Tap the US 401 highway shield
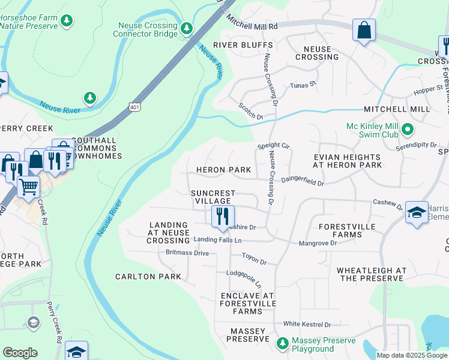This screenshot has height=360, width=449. pyautogui.click(x=133, y=106)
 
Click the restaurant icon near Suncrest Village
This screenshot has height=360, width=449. pyautogui.click(x=223, y=217)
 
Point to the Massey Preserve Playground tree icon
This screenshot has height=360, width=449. pyautogui.click(x=282, y=344)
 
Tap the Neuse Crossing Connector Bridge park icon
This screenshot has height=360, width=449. pyautogui.click(x=187, y=28)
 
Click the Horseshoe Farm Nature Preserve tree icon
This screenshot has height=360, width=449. pyautogui.click(x=67, y=22)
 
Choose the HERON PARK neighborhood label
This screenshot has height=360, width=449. pyautogui.click(x=223, y=170)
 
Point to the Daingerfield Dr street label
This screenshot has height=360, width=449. pyautogui.click(x=303, y=179)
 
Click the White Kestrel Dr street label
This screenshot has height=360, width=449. pyautogui.click(x=307, y=324)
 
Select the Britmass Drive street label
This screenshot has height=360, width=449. pyautogui.click(x=187, y=253)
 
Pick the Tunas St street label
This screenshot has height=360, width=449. pyautogui.click(x=303, y=85)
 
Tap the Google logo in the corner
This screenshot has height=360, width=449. pyautogui.click(x=20, y=353)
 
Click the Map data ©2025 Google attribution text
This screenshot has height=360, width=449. pyautogui.click(x=411, y=355)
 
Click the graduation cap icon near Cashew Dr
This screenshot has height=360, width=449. pyautogui.click(x=417, y=213)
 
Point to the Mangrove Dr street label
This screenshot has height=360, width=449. pyautogui.click(x=318, y=244)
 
